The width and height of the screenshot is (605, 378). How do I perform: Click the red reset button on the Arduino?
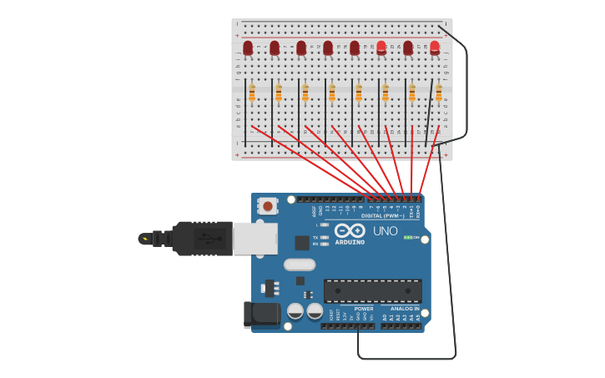(x=267, y=204)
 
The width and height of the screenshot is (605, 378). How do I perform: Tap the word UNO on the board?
(x=386, y=231)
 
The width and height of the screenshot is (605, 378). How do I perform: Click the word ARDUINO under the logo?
(x=350, y=243)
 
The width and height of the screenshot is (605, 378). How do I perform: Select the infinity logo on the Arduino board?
(x=350, y=230)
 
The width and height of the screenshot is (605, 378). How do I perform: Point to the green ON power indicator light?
(x=407, y=237)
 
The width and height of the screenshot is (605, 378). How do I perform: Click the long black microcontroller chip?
(x=372, y=290)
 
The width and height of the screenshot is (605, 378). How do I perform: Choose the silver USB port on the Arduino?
(x=255, y=238)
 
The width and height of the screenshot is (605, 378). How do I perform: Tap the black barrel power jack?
(x=261, y=314)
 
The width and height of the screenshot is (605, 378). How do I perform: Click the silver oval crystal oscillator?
(x=300, y=265)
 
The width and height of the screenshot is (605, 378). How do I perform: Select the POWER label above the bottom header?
(x=364, y=309)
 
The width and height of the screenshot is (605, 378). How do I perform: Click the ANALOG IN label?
(x=405, y=309)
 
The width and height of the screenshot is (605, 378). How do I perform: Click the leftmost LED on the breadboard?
(x=248, y=48)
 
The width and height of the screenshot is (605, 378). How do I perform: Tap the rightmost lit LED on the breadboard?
(x=435, y=48)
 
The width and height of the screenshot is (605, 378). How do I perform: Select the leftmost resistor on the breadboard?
(x=252, y=93)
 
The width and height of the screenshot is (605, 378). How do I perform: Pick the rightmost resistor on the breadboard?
(x=439, y=93)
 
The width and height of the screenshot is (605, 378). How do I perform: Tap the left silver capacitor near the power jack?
(x=295, y=311)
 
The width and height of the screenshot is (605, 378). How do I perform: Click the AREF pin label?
(x=314, y=210)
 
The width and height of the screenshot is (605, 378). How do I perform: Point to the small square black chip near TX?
(x=302, y=243)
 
